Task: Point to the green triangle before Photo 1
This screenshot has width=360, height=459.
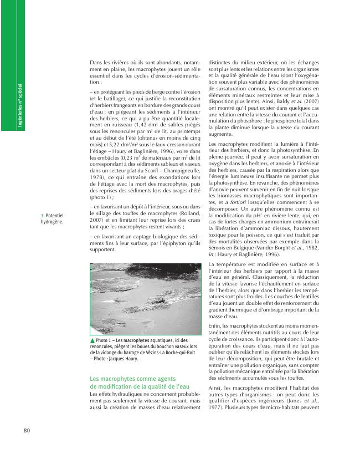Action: (x=92, y=340)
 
